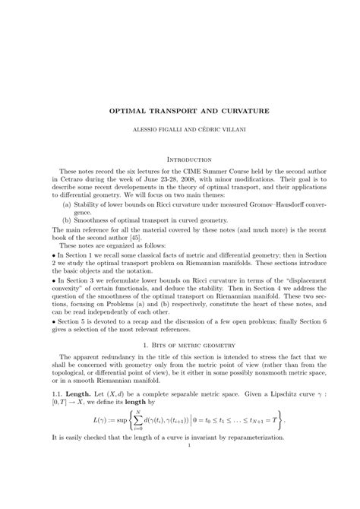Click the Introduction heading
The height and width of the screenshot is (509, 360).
coord(180,160)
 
